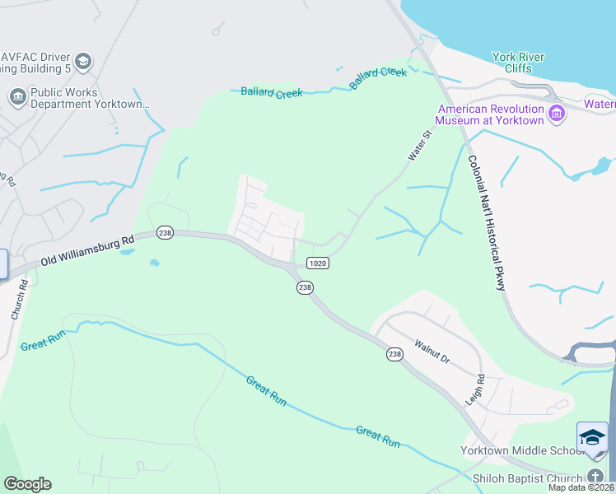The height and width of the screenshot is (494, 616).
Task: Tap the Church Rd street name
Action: [18, 301]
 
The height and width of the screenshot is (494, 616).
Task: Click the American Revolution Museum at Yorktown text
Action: [491, 114]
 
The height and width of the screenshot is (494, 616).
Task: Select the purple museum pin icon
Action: [557, 113]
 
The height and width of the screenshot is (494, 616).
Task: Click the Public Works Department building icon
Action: [17, 98]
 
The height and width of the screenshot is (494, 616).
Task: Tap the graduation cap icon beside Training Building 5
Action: [83, 61]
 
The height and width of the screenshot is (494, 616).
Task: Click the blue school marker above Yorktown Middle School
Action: [592, 437]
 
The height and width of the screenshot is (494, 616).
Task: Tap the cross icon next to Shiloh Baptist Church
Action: [595, 477]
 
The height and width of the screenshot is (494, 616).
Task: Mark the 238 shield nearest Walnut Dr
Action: [394, 353]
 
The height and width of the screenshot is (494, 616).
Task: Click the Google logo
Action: [27, 484]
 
